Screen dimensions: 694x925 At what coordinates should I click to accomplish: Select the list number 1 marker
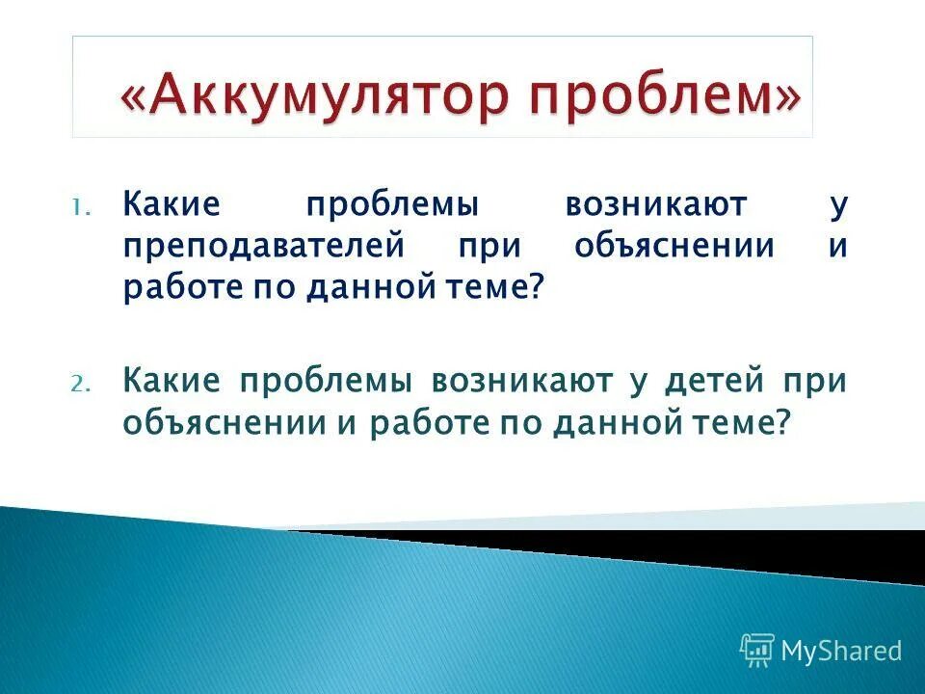point(80,207)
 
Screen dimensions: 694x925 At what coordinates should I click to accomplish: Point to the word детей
point(712,382)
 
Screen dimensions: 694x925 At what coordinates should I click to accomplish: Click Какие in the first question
point(172,204)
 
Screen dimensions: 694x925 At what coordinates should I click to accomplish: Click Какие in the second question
point(172,382)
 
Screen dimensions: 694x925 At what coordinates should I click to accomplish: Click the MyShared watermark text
point(840,652)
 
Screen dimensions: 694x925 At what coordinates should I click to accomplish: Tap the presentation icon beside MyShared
point(757,651)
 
